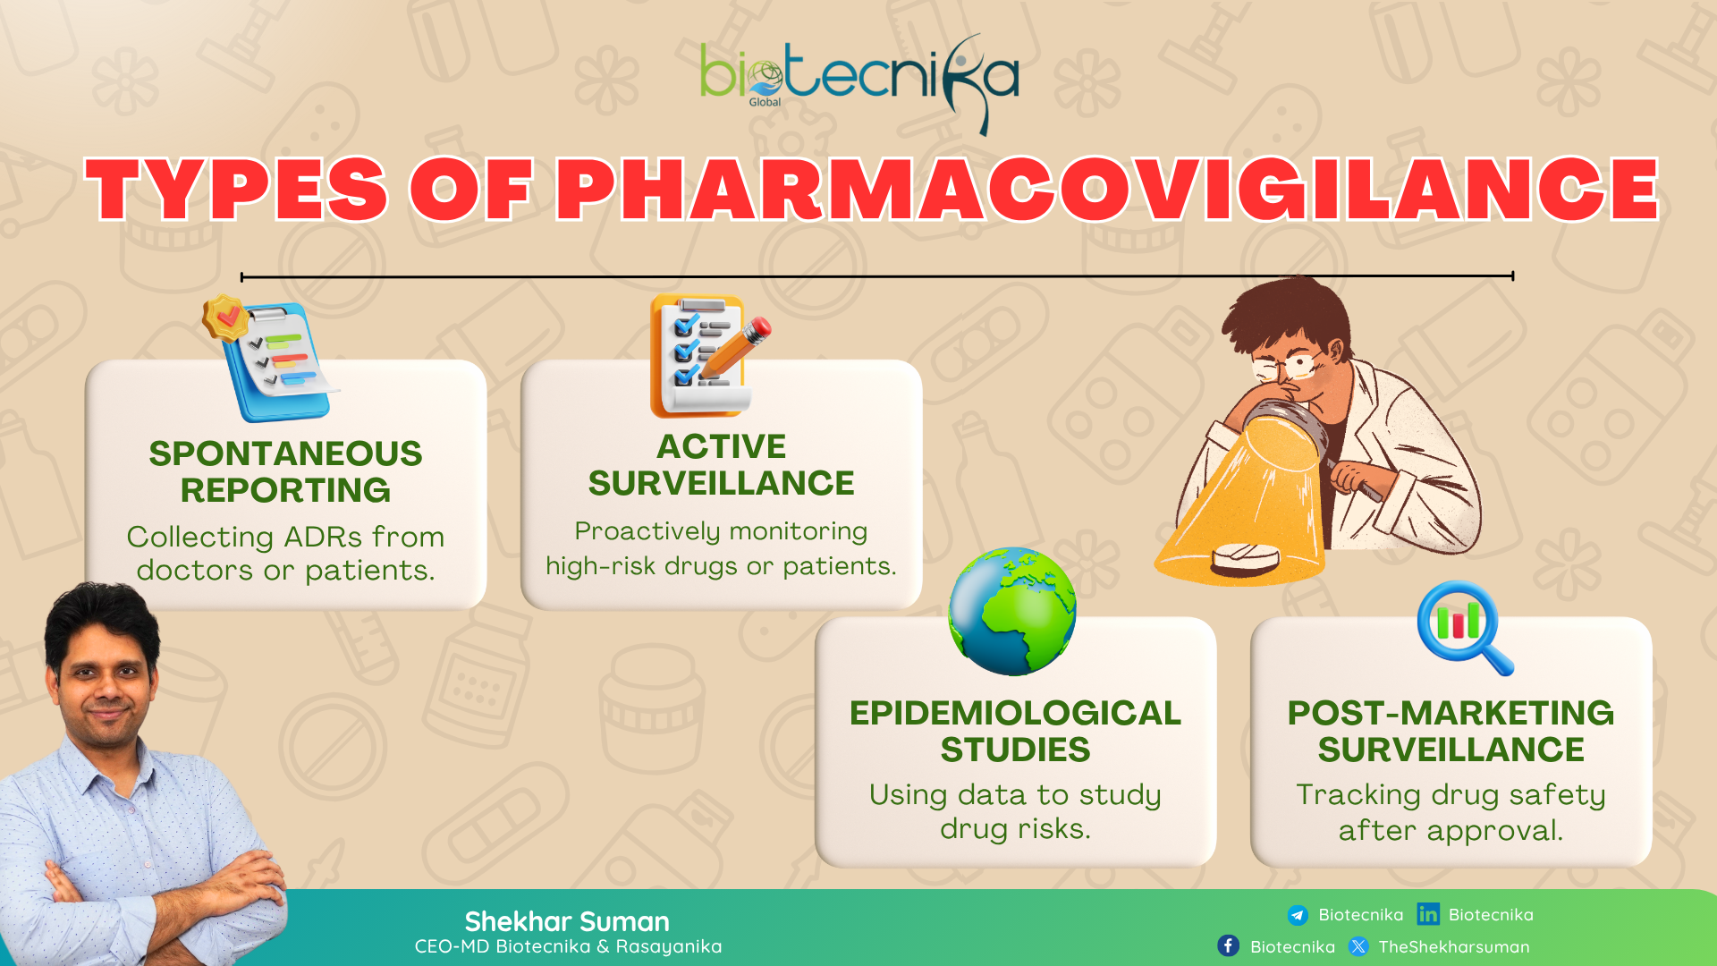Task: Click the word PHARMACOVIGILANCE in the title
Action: click(x=1107, y=189)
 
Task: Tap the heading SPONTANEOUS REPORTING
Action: click(x=285, y=471)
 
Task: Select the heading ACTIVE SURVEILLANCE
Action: click(x=721, y=464)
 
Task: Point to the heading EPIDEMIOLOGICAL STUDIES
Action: click(x=1015, y=731)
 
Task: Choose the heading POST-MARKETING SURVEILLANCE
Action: click(x=1451, y=731)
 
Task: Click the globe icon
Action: click(x=1012, y=611)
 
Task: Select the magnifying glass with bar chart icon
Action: click(x=1465, y=627)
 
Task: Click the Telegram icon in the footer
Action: click(x=1298, y=915)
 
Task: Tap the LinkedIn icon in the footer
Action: click(x=1428, y=914)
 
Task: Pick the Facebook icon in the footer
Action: click(x=1229, y=946)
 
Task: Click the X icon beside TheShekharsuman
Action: click(x=1358, y=946)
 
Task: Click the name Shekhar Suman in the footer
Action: click(x=567, y=921)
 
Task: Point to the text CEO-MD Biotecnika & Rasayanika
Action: click(x=568, y=946)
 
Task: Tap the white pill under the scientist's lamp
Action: click(x=1246, y=558)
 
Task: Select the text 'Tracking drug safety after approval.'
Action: click(x=1451, y=812)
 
